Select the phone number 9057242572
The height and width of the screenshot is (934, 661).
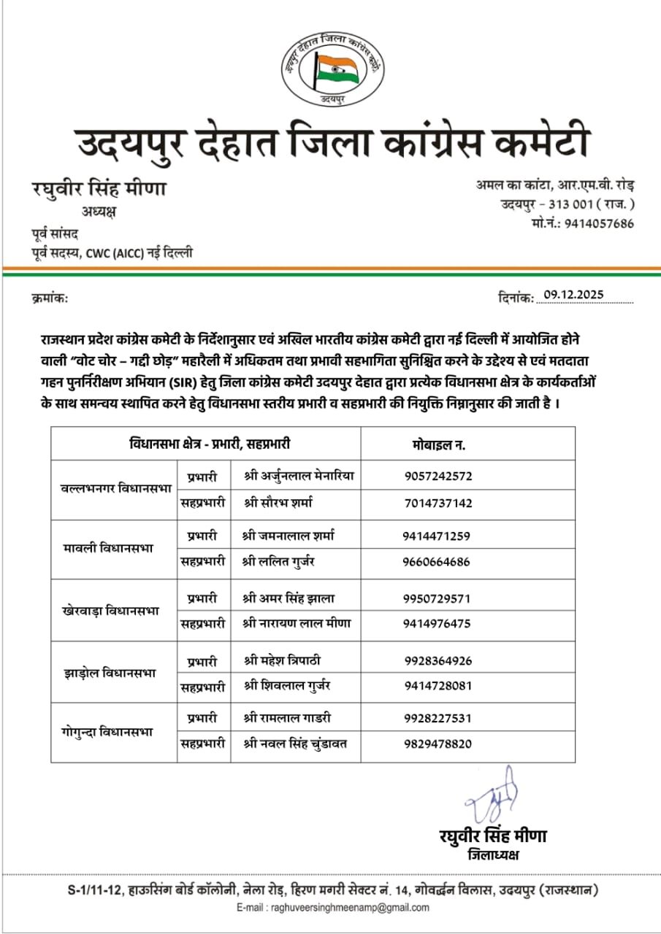tap(438, 476)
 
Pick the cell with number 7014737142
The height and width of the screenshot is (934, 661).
tap(438, 503)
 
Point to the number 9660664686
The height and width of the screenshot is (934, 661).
tap(436, 562)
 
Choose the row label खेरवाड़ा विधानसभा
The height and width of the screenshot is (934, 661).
tap(111, 610)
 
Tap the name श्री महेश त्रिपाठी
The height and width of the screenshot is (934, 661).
tap(282, 660)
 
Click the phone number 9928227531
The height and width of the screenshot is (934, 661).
tap(438, 717)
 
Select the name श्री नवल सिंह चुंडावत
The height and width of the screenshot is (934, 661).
tap(295, 744)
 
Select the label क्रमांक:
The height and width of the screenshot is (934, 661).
tap(50, 297)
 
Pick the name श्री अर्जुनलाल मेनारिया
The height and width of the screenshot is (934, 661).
tap(299, 476)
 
